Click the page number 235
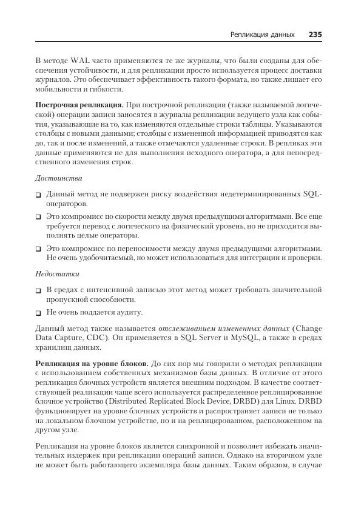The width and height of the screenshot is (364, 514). [x=314, y=35]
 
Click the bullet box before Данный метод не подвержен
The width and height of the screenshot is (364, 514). [x=38, y=195]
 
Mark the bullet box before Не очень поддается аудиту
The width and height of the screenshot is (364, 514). [x=38, y=313]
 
